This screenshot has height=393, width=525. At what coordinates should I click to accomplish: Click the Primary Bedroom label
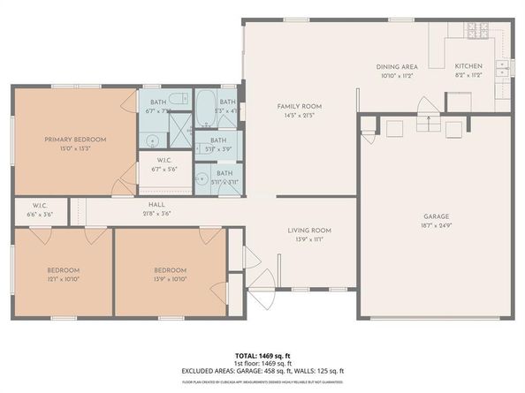tap(75, 140)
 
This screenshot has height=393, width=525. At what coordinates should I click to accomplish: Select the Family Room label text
tap(300, 106)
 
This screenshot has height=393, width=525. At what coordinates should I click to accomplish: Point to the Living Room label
tap(309, 230)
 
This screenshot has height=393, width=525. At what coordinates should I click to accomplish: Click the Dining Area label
tap(397, 66)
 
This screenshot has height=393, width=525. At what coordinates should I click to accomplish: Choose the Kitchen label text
tap(468, 66)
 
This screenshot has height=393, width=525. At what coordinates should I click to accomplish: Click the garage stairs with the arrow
tap(428, 117)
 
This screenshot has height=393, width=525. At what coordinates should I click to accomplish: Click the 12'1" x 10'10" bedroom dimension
tap(64, 279)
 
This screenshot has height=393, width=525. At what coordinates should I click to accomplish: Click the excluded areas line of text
tap(262, 371)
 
